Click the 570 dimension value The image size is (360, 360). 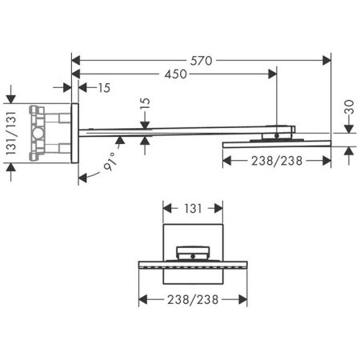(202, 59)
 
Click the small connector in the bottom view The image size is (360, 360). (192, 252)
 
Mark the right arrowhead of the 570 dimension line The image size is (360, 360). (327, 59)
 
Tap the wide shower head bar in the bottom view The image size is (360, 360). (192, 262)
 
